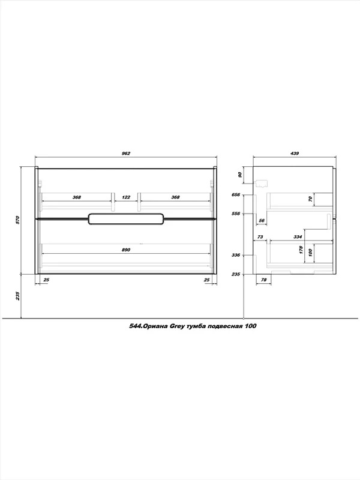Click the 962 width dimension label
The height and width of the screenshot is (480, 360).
(x=126, y=154)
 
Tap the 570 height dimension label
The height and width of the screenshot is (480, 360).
(x=17, y=220)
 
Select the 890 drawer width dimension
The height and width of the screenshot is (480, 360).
(x=126, y=250)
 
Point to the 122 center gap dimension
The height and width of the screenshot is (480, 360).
(x=126, y=197)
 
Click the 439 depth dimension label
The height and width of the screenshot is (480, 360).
(x=294, y=154)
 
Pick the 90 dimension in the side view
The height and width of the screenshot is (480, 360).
(x=240, y=175)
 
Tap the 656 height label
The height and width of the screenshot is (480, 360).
(x=236, y=194)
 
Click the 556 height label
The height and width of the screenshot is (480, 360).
(x=236, y=214)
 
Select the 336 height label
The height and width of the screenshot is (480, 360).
(x=236, y=254)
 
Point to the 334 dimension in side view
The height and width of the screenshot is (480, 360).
(x=298, y=236)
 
